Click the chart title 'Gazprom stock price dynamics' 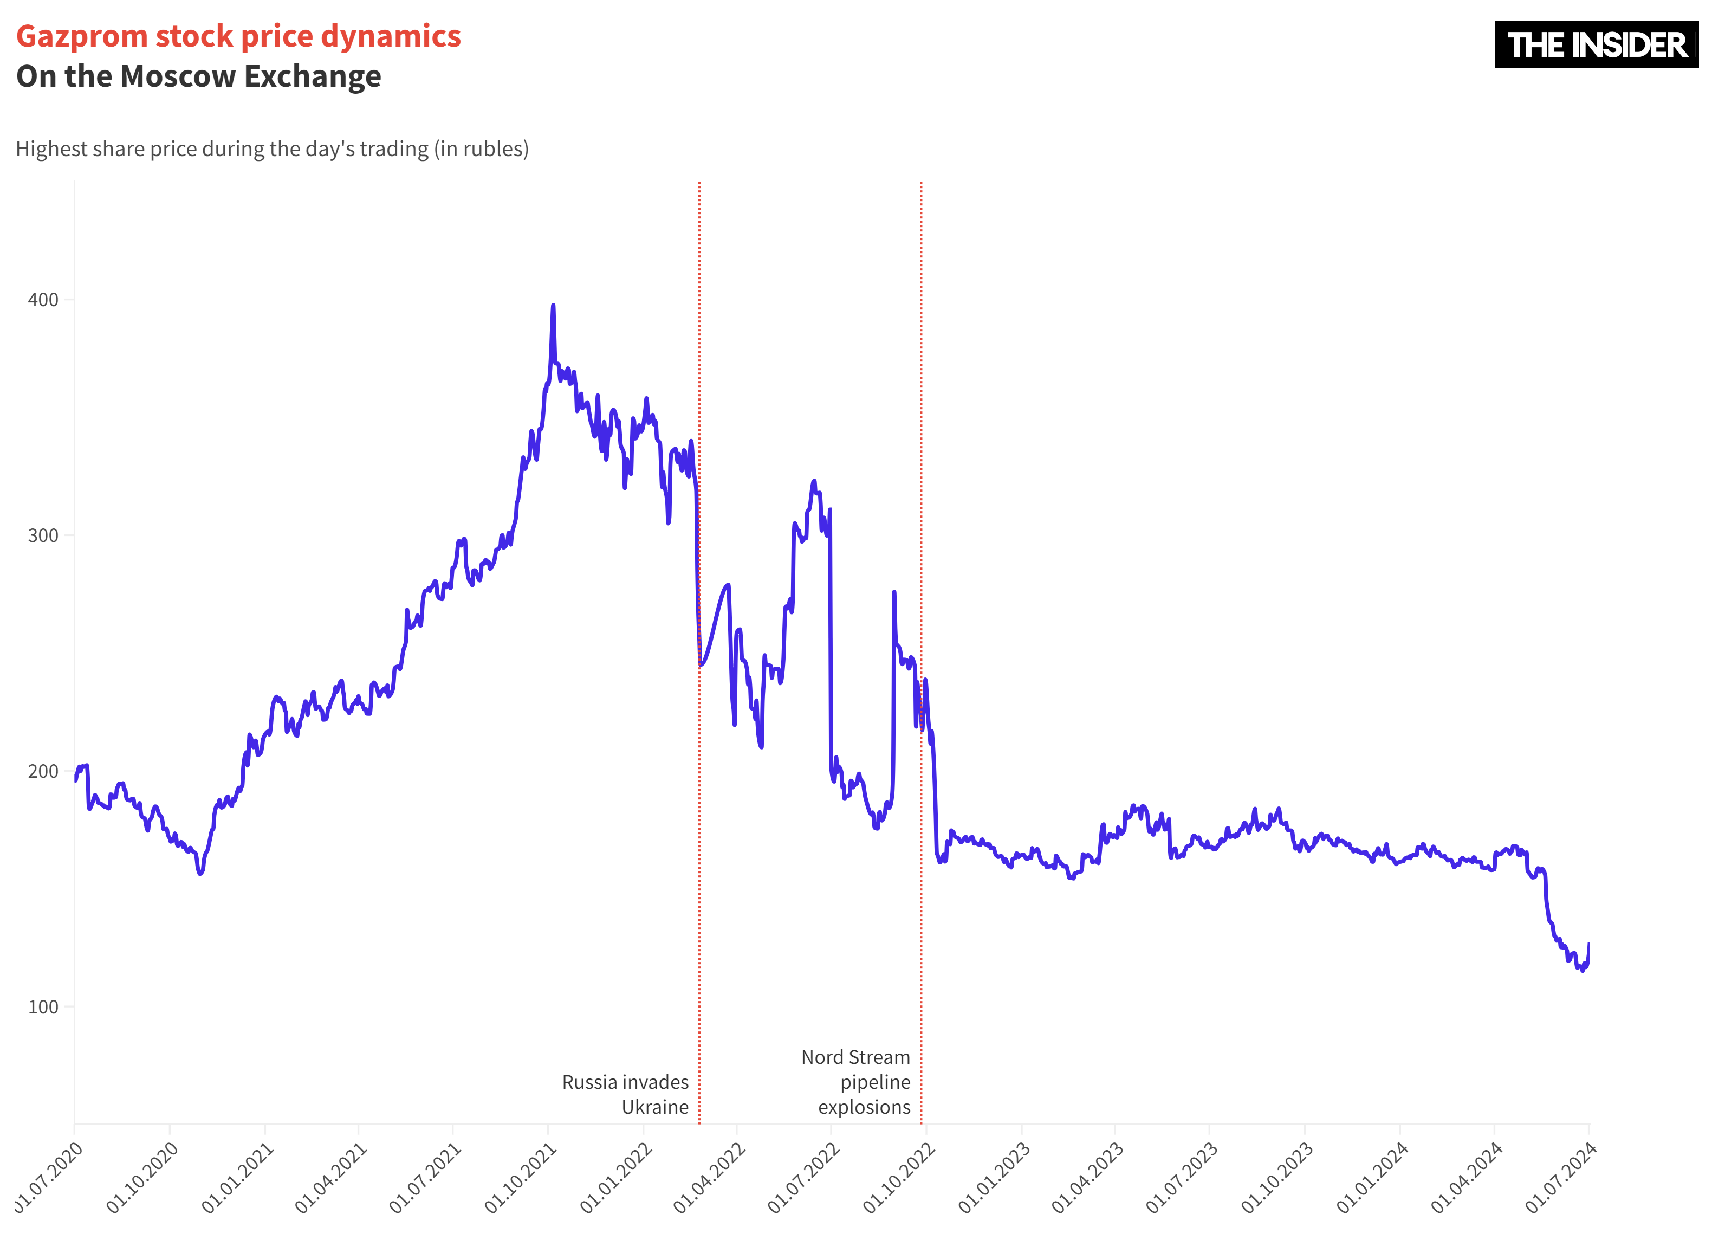pos(238,36)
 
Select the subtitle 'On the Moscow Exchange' pos(198,77)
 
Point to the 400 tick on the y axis pos(43,300)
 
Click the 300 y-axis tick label pos(43,535)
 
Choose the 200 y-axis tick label pos(43,771)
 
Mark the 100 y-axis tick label pos(43,1007)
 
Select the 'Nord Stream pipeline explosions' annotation pos(857,1082)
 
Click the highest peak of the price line pos(553,306)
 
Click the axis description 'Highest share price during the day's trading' pos(271,149)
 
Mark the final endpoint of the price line pos(1588,944)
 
